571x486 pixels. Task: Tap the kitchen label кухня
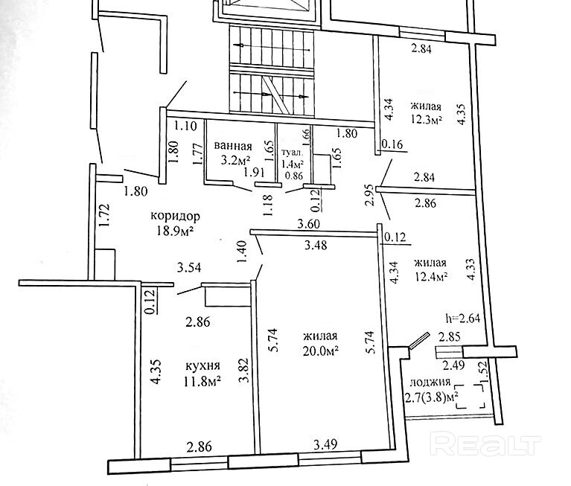pyautogui.click(x=202, y=367)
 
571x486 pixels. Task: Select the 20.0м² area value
pyautogui.click(x=321, y=350)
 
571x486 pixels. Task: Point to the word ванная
pyautogui.click(x=232, y=146)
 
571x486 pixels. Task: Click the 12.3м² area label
pyautogui.click(x=426, y=119)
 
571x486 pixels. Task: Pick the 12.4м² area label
pyautogui.click(x=430, y=277)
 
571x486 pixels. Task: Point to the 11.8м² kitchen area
pyautogui.click(x=202, y=383)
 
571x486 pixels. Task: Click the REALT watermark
pyautogui.click(x=485, y=444)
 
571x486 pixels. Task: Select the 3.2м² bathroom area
pyautogui.click(x=232, y=159)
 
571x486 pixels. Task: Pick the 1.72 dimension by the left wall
pyautogui.click(x=105, y=215)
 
